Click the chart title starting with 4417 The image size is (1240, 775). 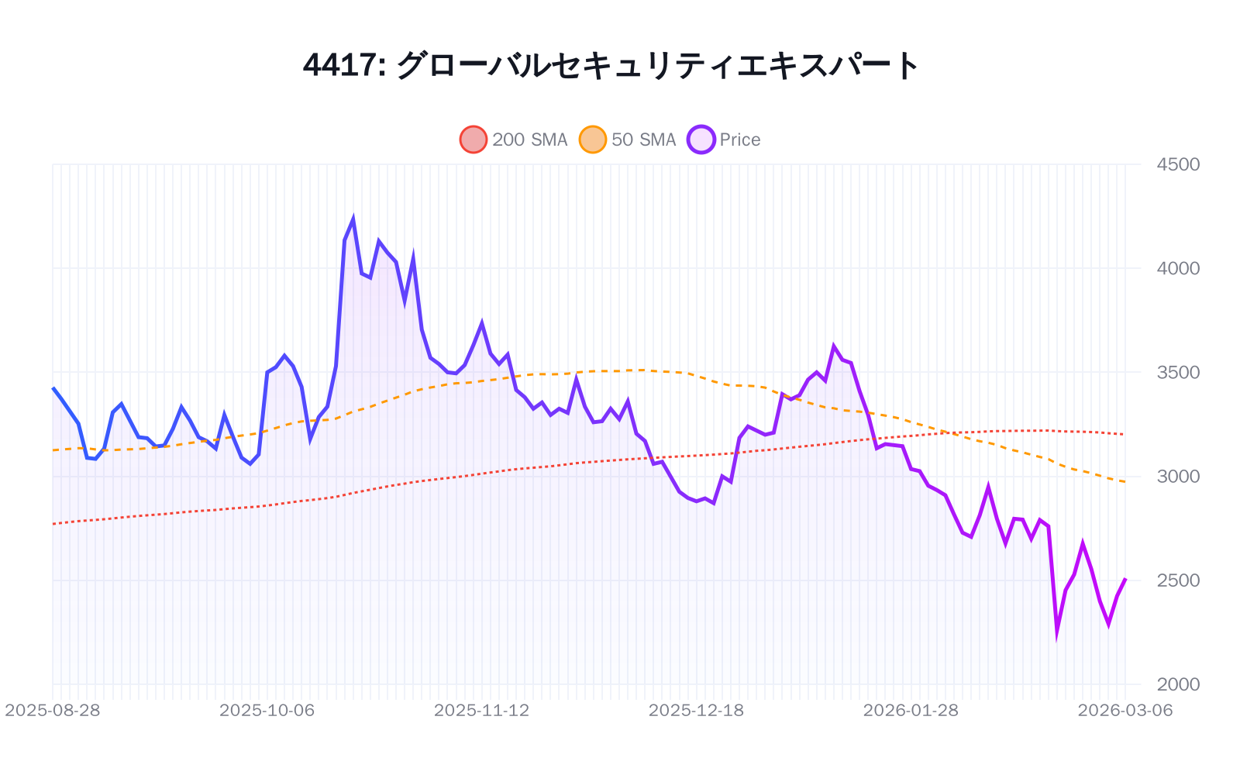(611, 65)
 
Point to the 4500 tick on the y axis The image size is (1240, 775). (1177, 164)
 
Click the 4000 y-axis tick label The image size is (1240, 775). (1177, 268)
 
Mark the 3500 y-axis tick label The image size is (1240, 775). (1177, 372)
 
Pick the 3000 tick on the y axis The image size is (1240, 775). (1177, 476)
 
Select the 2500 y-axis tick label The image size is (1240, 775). (1177, 580)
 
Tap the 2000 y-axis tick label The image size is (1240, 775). (1177, 684)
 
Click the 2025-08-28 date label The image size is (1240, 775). (53, 710)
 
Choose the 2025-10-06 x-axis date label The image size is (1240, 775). (267, 710)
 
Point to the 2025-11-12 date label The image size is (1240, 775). (481, 710)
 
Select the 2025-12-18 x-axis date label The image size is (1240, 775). (696, 710)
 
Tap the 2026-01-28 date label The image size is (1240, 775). (911, 710)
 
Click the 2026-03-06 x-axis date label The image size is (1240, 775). (1125, 710)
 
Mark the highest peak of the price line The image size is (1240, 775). (353, 219)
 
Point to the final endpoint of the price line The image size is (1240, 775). (1125, 578)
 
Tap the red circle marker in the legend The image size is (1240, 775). (474, 139)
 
